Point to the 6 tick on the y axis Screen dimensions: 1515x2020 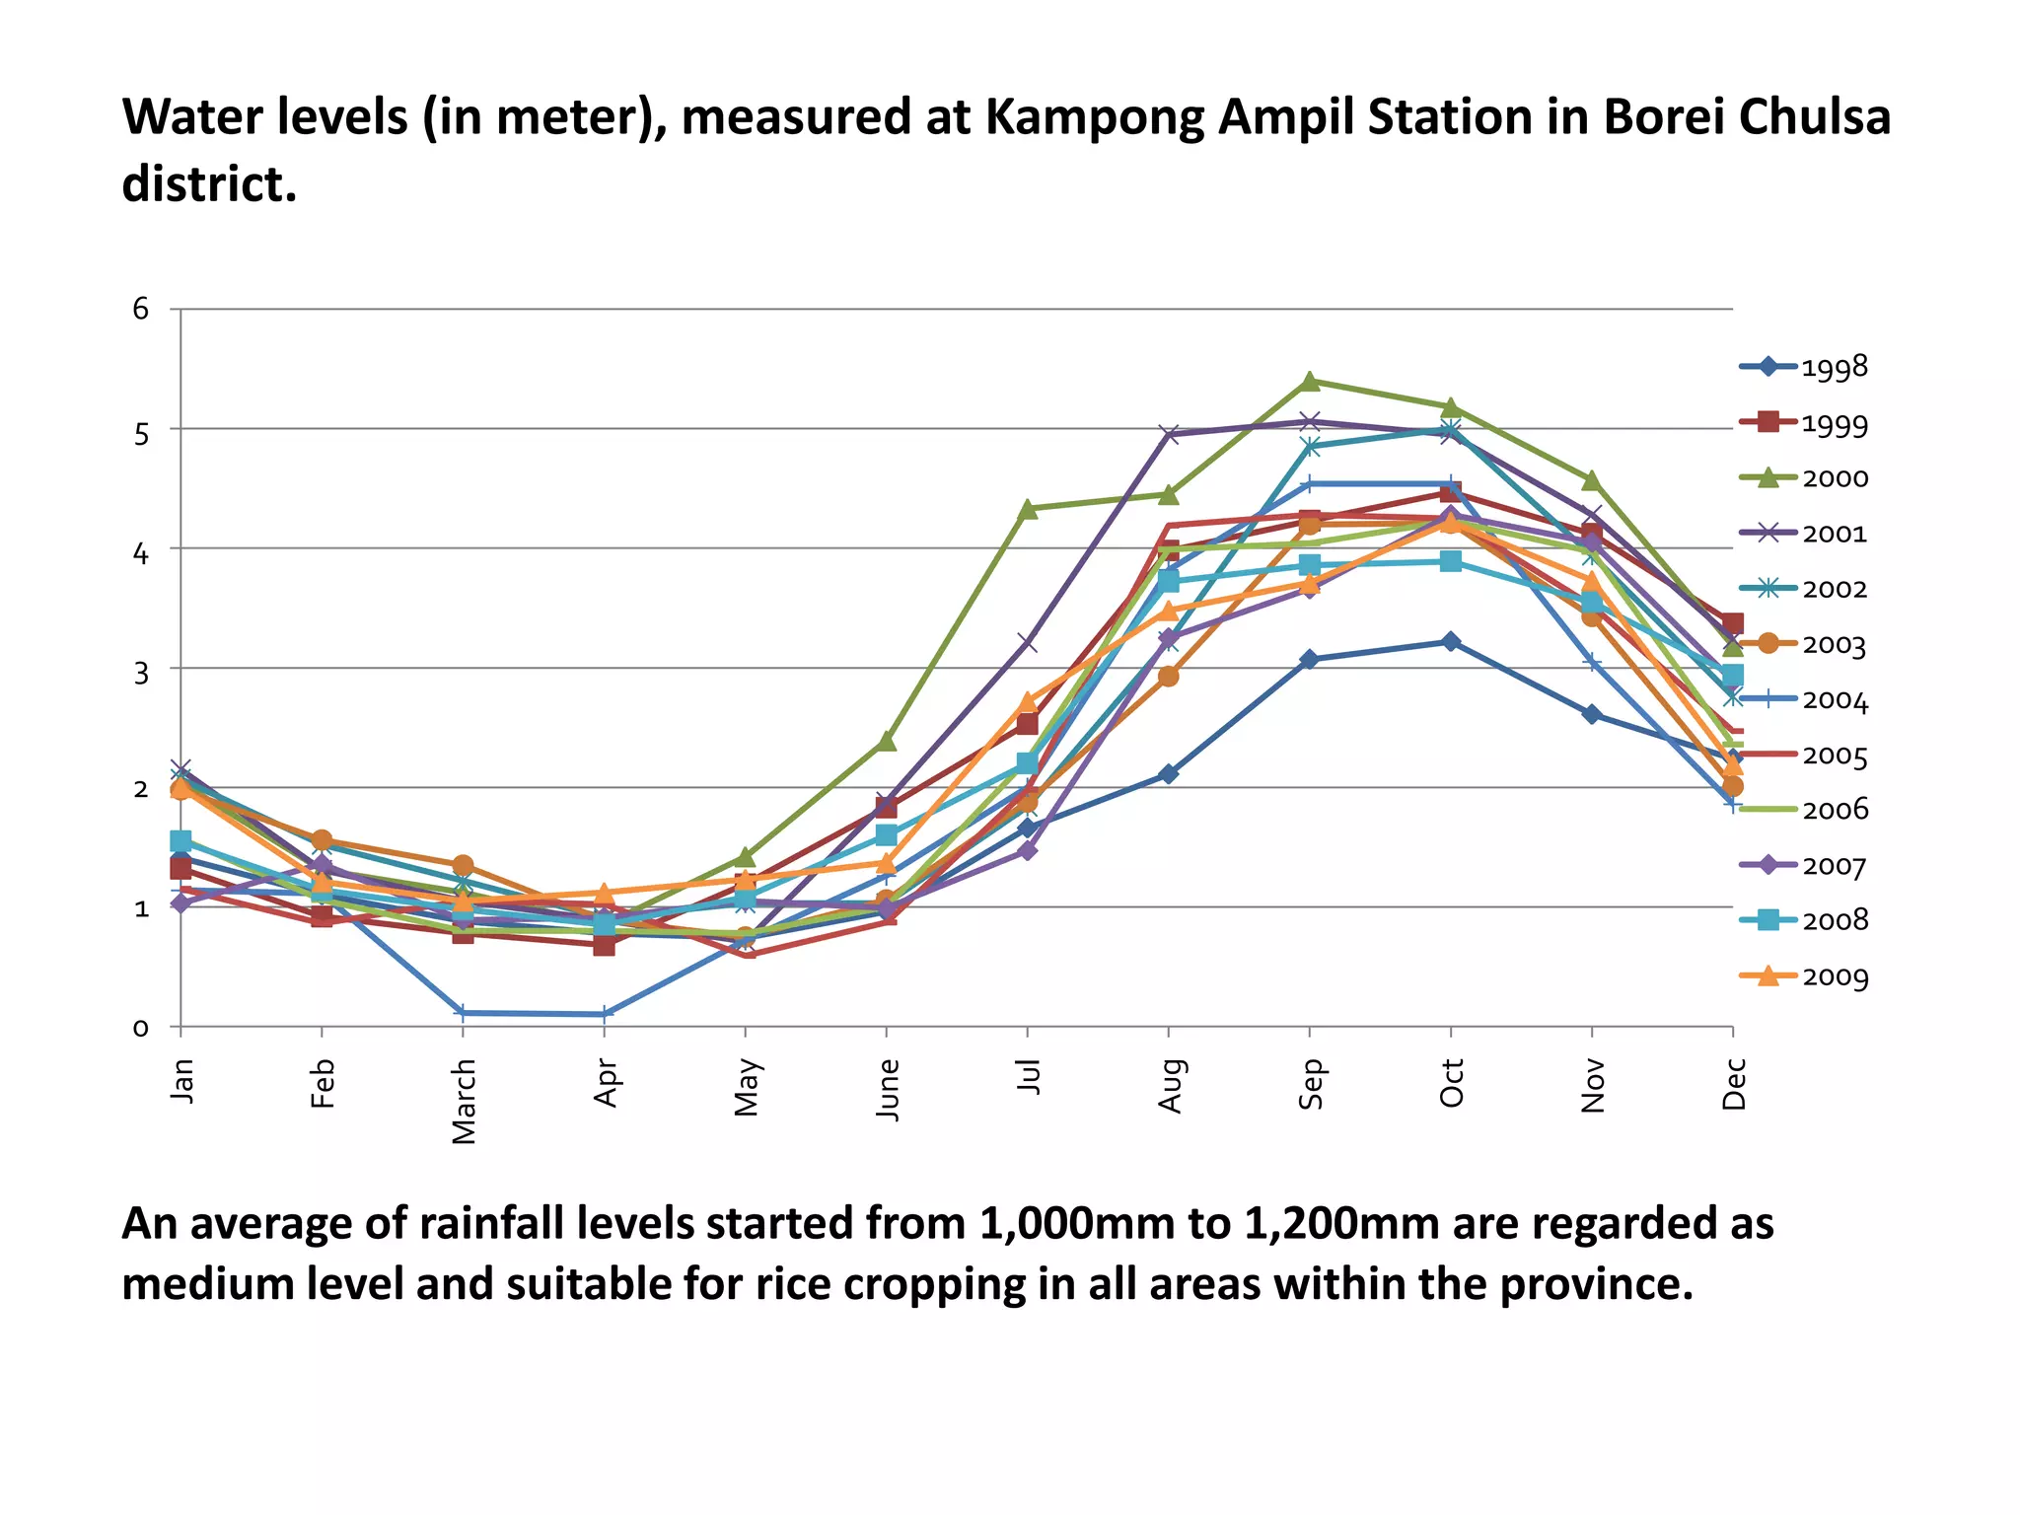coord(141,310)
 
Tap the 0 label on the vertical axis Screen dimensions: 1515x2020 coord(141,1028)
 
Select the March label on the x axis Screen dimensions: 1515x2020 coord(464,1102)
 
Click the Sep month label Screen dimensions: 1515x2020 coord(1310,1084)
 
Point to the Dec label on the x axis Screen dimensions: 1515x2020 coord(1734,1084)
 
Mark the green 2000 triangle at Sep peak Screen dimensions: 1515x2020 coord(1310,381)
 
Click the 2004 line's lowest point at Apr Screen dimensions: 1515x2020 coord(604,1014)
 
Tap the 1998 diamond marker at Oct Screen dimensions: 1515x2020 coord(1451,641)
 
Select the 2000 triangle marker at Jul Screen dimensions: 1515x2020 coord(1027,509)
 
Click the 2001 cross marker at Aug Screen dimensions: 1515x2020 coord(1169,434)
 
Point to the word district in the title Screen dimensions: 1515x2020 coord(208,184)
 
